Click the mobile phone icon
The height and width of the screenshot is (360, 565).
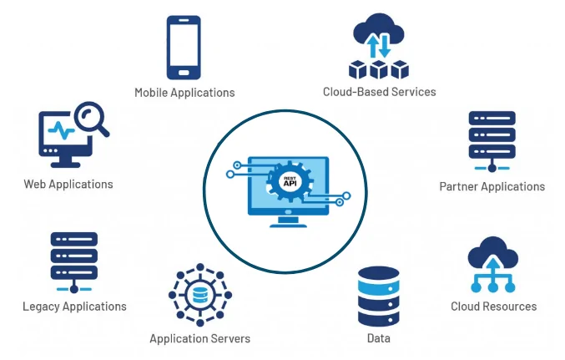point(184,48)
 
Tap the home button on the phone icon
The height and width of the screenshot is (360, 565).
point(184,73)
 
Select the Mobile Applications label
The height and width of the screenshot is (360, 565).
point(184,93)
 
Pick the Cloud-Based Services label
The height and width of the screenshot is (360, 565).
point(380,92)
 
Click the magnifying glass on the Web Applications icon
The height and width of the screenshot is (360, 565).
point(92,119)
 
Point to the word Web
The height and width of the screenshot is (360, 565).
point(34,185)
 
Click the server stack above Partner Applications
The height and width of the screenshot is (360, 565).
point(492,141)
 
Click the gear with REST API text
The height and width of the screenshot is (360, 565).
point(290,181)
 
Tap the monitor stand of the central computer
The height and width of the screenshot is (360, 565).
point(288,222)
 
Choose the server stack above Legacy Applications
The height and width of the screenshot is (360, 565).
point(74,262)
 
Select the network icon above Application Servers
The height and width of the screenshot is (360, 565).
point(200,295)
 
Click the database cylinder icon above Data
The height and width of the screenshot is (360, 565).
point(379,297)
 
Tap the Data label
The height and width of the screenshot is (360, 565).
point(379,338)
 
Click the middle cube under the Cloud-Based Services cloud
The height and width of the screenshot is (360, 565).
point(379,69)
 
